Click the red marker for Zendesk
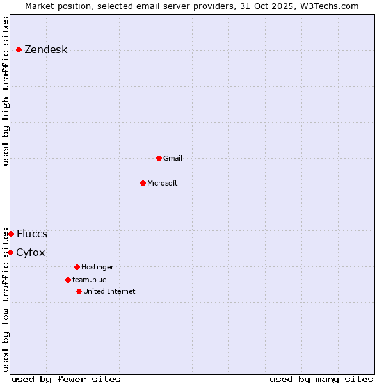19,49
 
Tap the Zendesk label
45,50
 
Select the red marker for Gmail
159,158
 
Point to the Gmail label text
173,158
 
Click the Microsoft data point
143,183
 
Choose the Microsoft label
162,183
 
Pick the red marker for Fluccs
11,234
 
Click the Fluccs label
32,234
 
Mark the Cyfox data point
10,252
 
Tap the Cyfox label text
31,253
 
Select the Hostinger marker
77,267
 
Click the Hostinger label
97,267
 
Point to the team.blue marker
68,280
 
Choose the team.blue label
89,280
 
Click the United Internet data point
79,291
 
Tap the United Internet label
109,291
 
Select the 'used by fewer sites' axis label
66,379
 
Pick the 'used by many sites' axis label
321,379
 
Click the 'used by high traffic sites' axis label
6,92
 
